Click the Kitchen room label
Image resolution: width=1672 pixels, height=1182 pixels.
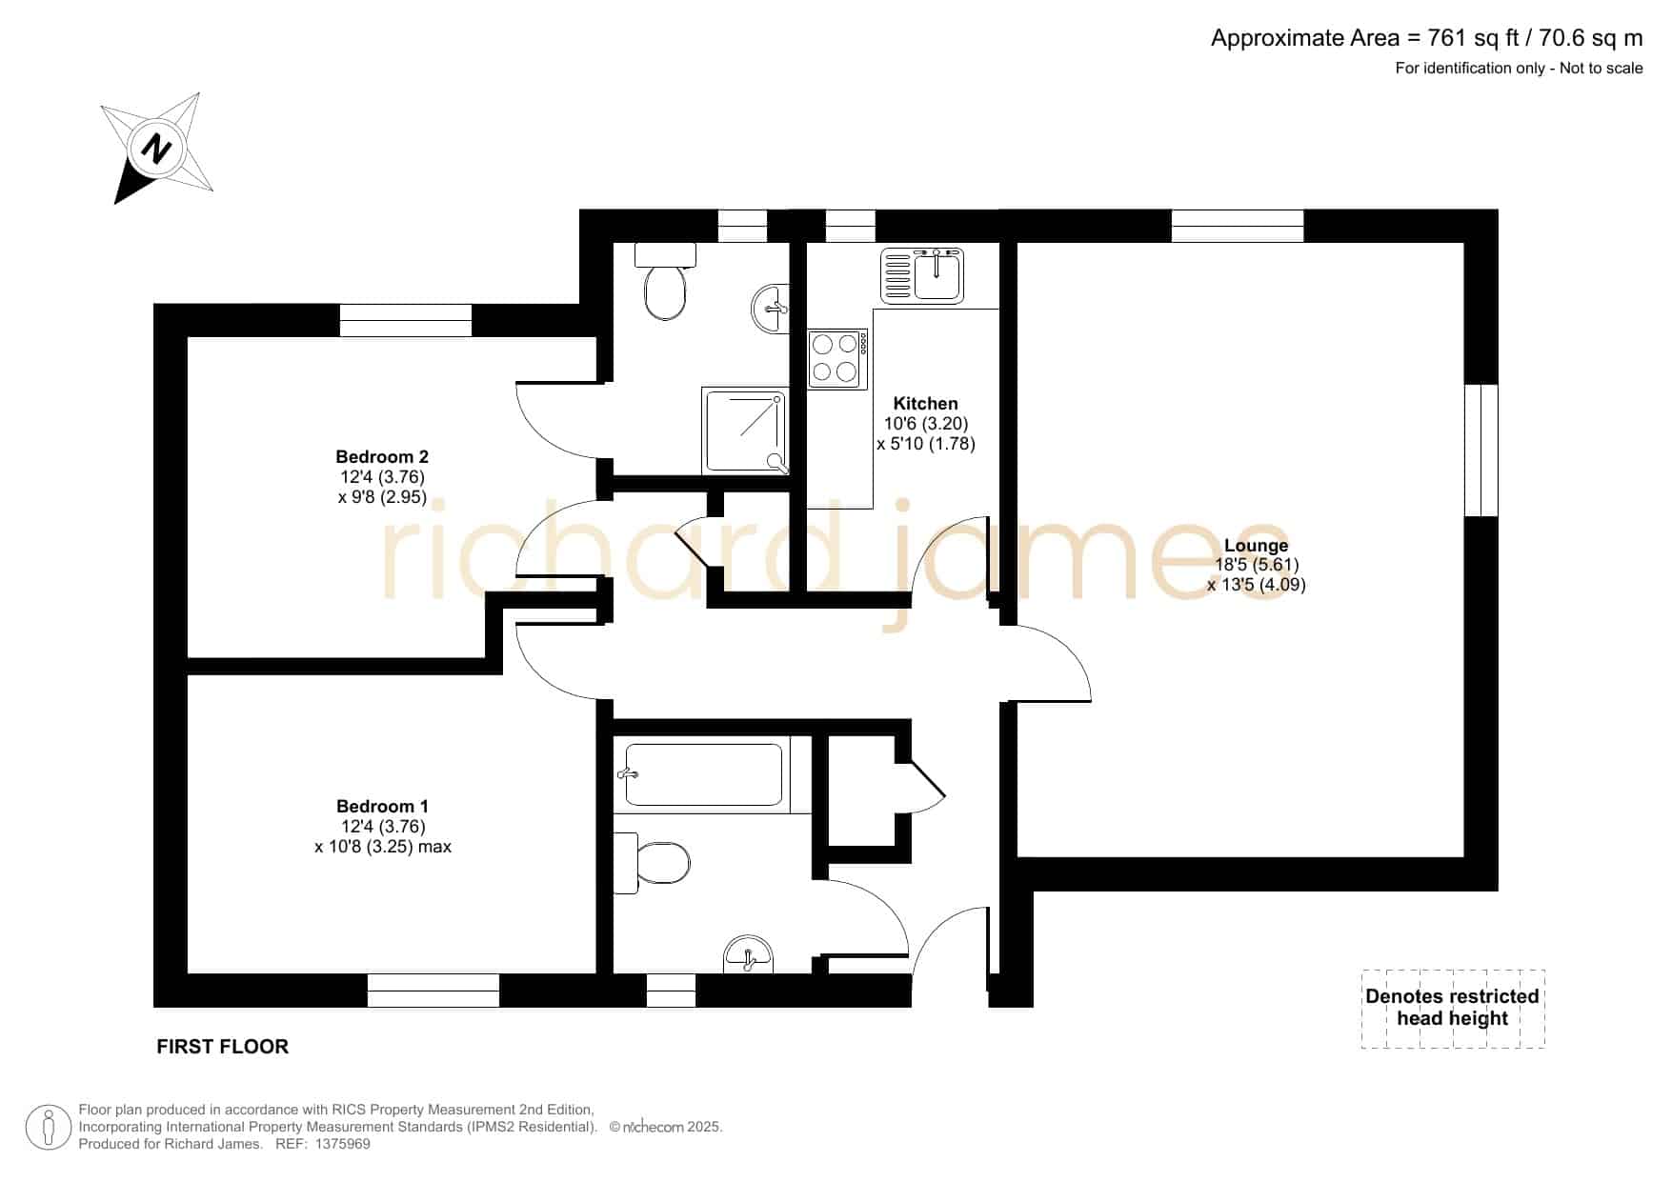(x=925, y=404)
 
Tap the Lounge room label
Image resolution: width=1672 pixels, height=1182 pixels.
(x=1256, y=546)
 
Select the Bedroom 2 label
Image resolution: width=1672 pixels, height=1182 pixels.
(x=381, y=457)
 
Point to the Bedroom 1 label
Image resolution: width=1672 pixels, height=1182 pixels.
(x=382, y=807)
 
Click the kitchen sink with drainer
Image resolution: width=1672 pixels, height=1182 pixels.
(x=921, y=274)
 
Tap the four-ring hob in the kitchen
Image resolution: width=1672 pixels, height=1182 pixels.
(x=837, y=359)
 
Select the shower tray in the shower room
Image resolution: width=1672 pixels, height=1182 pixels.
(x=745, y=431)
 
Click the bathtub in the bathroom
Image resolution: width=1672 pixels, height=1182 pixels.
(x=704, y=774)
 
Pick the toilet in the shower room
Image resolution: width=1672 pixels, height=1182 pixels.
(x=665, y=281)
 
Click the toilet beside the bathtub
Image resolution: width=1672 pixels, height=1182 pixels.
(x=652, y=863)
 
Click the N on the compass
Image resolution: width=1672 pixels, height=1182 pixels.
(x=156, y=149)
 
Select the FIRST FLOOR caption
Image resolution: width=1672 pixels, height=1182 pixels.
(x=222, y=1047)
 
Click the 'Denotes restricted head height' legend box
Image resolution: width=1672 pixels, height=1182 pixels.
(x=1453, y=1009)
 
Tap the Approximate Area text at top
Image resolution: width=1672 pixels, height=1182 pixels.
(x=1426, y=38)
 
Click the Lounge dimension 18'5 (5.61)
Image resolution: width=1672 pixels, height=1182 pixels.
(x=1256, y=565)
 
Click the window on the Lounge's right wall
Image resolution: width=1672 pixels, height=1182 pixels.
(x=1481, y=451)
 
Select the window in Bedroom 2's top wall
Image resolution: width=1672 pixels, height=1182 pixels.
(x=406, y=321)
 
